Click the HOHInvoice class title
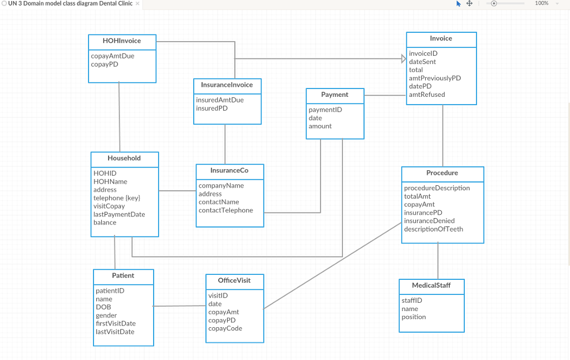(122, 41)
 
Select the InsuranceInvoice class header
(227, 85)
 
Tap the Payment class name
(335, 95)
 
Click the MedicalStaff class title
(431, 285)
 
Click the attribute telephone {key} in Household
(117, 198)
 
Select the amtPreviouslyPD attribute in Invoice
(435, 78)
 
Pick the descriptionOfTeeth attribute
(434, 229)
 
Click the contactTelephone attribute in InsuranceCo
(225, 210)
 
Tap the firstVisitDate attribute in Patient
(116, 324)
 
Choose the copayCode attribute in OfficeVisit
(225, 328)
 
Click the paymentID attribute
(326, 110)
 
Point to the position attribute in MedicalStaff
(414, 317)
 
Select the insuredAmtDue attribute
(220, 100)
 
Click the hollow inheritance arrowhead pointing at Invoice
(404, 58)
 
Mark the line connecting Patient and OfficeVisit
(179, 306)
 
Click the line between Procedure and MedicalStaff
(438, 262)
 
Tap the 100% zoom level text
(542, 4)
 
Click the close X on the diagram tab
(137, 4)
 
